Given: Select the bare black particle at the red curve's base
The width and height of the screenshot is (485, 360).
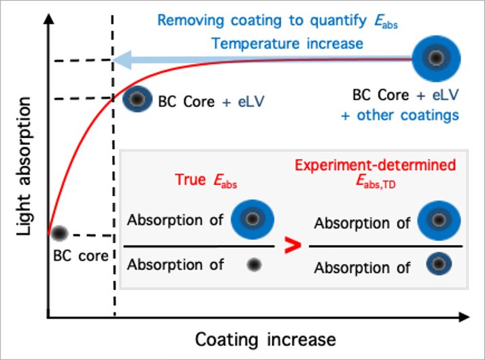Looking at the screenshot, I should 60,233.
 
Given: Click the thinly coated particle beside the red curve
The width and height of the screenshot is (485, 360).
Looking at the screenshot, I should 137,100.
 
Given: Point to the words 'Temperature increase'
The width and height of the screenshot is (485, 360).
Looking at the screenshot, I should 287,44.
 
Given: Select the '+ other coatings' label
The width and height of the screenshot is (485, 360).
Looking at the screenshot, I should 400,115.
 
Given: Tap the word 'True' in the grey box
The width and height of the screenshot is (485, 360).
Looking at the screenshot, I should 190,180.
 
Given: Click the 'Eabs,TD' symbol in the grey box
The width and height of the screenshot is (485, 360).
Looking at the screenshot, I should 375,182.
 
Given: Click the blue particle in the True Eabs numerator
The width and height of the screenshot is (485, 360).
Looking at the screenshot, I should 252,219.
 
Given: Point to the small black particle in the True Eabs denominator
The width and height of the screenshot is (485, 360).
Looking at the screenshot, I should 254,265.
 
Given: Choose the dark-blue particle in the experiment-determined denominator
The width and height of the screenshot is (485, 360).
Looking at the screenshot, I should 439,265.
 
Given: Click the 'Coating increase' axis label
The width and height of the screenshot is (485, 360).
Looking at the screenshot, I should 265,339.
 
